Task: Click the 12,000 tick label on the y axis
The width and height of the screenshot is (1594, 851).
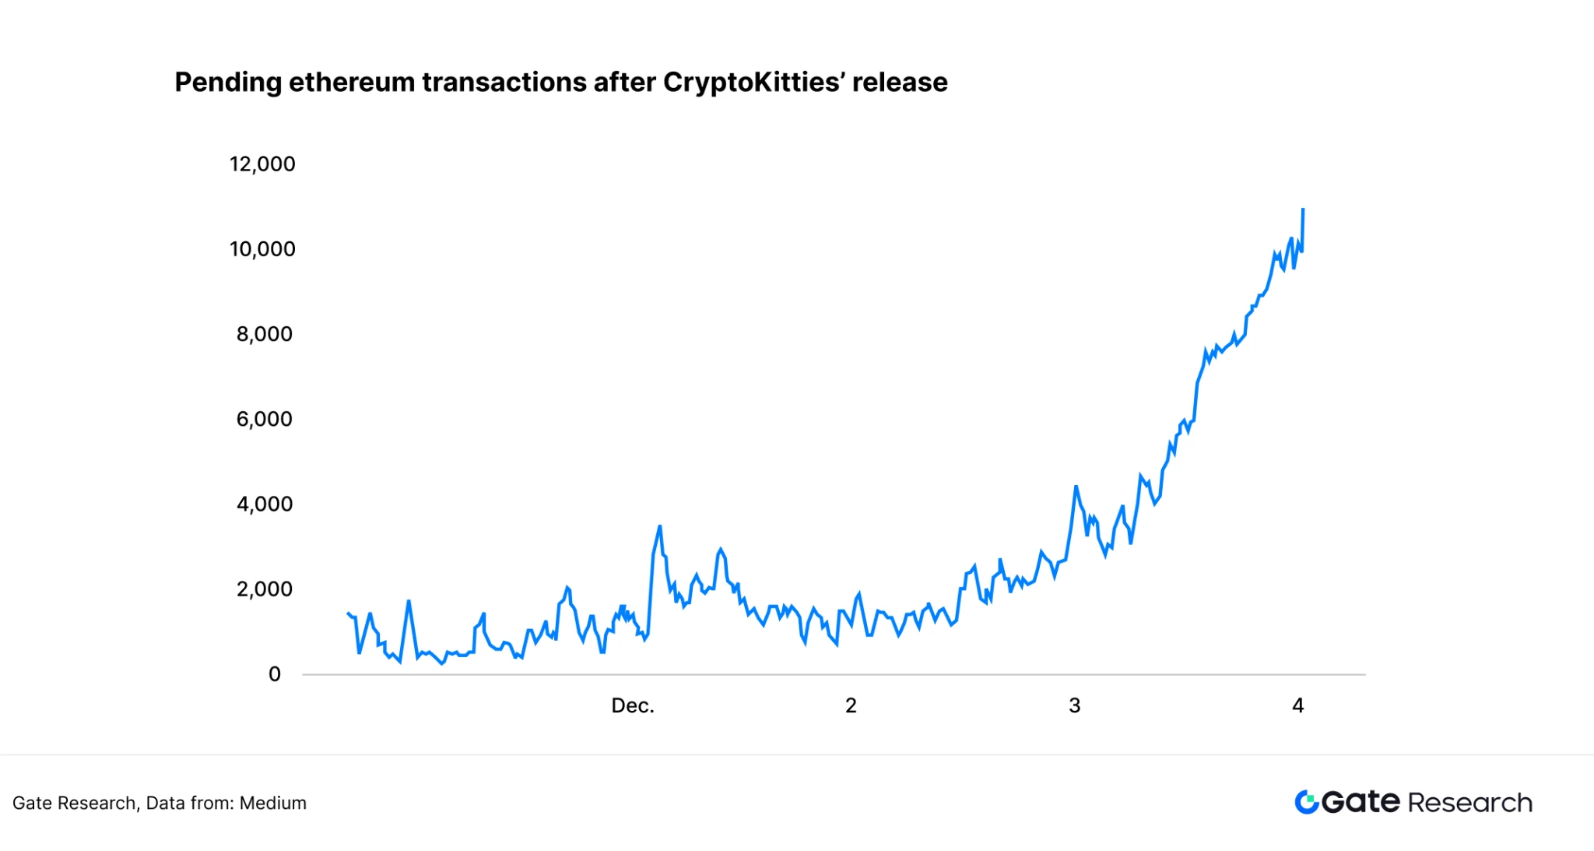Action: pyautogui.click(x=262, y=164)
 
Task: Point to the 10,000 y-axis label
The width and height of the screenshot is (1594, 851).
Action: pyautogui.click(x=262, y=249)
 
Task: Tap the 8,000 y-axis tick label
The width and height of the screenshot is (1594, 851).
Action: pyautogui.click(x=265, y=334)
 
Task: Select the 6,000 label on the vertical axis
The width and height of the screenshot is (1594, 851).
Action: pyautogui.click(x=265, y=419)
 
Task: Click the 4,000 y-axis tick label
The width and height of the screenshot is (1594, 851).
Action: pyautogui.click(x=265, y=504)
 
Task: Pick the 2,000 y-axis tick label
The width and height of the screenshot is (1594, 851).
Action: pyautogui.click(x=265, y=589)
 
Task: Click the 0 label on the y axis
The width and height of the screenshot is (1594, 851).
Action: pyautogui.click(x=275, y=674)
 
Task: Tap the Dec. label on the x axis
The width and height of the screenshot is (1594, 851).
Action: pyautogui.click(x=633, y=705)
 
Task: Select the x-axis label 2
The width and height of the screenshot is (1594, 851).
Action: pyautogui.click(x=851, y=705)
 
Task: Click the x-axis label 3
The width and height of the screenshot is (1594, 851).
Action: pyautogui.click(x=1074, y=705)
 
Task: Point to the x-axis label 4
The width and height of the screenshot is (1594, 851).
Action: pyautogui.click(x=1297, y=705)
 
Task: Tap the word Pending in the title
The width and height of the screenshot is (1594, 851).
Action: pyautogui.click(x=227, y=83)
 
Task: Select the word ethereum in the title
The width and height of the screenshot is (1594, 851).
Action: pyautogui.click(x=352, y=83)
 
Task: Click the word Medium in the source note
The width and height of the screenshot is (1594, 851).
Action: pyautogui.click(x=272, y=803)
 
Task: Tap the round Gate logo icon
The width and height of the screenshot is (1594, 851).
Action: pyautogui.click(x=1307, y=802)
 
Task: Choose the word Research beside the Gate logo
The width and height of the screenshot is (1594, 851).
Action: pyautogui.click(x=1469, y=803)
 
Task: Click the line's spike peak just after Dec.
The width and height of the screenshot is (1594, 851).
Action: pyautogui.click(x=659, y=527)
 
